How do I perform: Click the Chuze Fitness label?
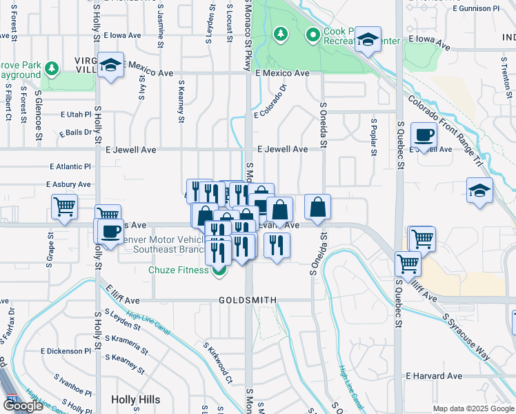pos(178,270)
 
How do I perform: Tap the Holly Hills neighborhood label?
pos(135,400)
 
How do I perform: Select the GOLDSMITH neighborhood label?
pos(248,301)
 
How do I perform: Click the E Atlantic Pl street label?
pos(70,166)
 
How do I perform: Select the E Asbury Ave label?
pos(68,185)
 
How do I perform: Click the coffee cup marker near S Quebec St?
pos(423,135)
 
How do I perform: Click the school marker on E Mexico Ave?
pos(110,65)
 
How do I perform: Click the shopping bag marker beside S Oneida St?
pos(317,206)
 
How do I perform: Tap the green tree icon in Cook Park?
pos(280,34)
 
